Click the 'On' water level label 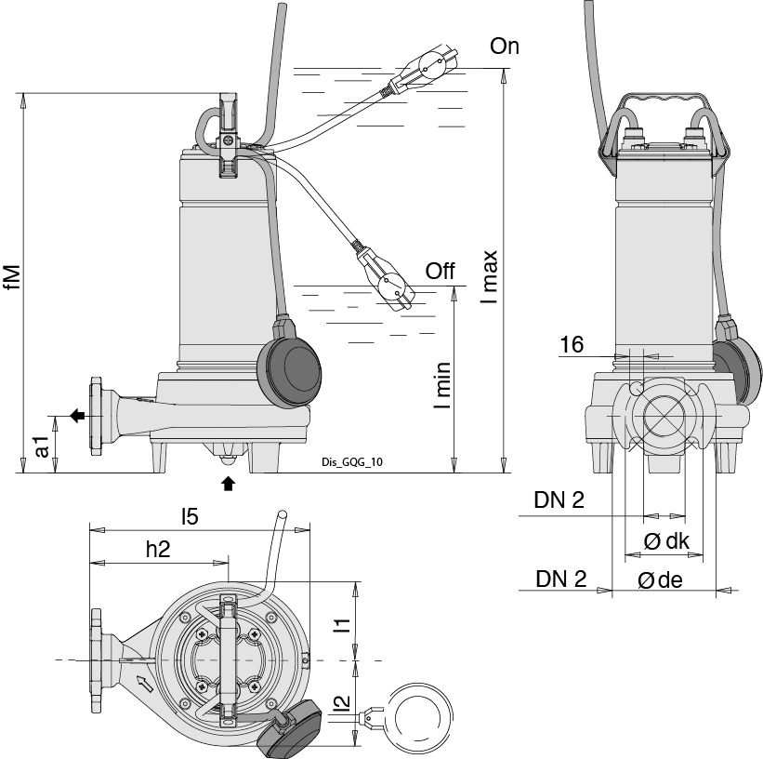click(505, 47)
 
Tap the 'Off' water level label click(440, 272)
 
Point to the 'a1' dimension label click(41, 447)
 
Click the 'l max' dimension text click(490, 277)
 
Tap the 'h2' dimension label click(158, 549)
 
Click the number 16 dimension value click(571, 345)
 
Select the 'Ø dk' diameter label click(665, 542)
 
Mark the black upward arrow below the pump click(228, 483)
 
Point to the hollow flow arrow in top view click(143, 685)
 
